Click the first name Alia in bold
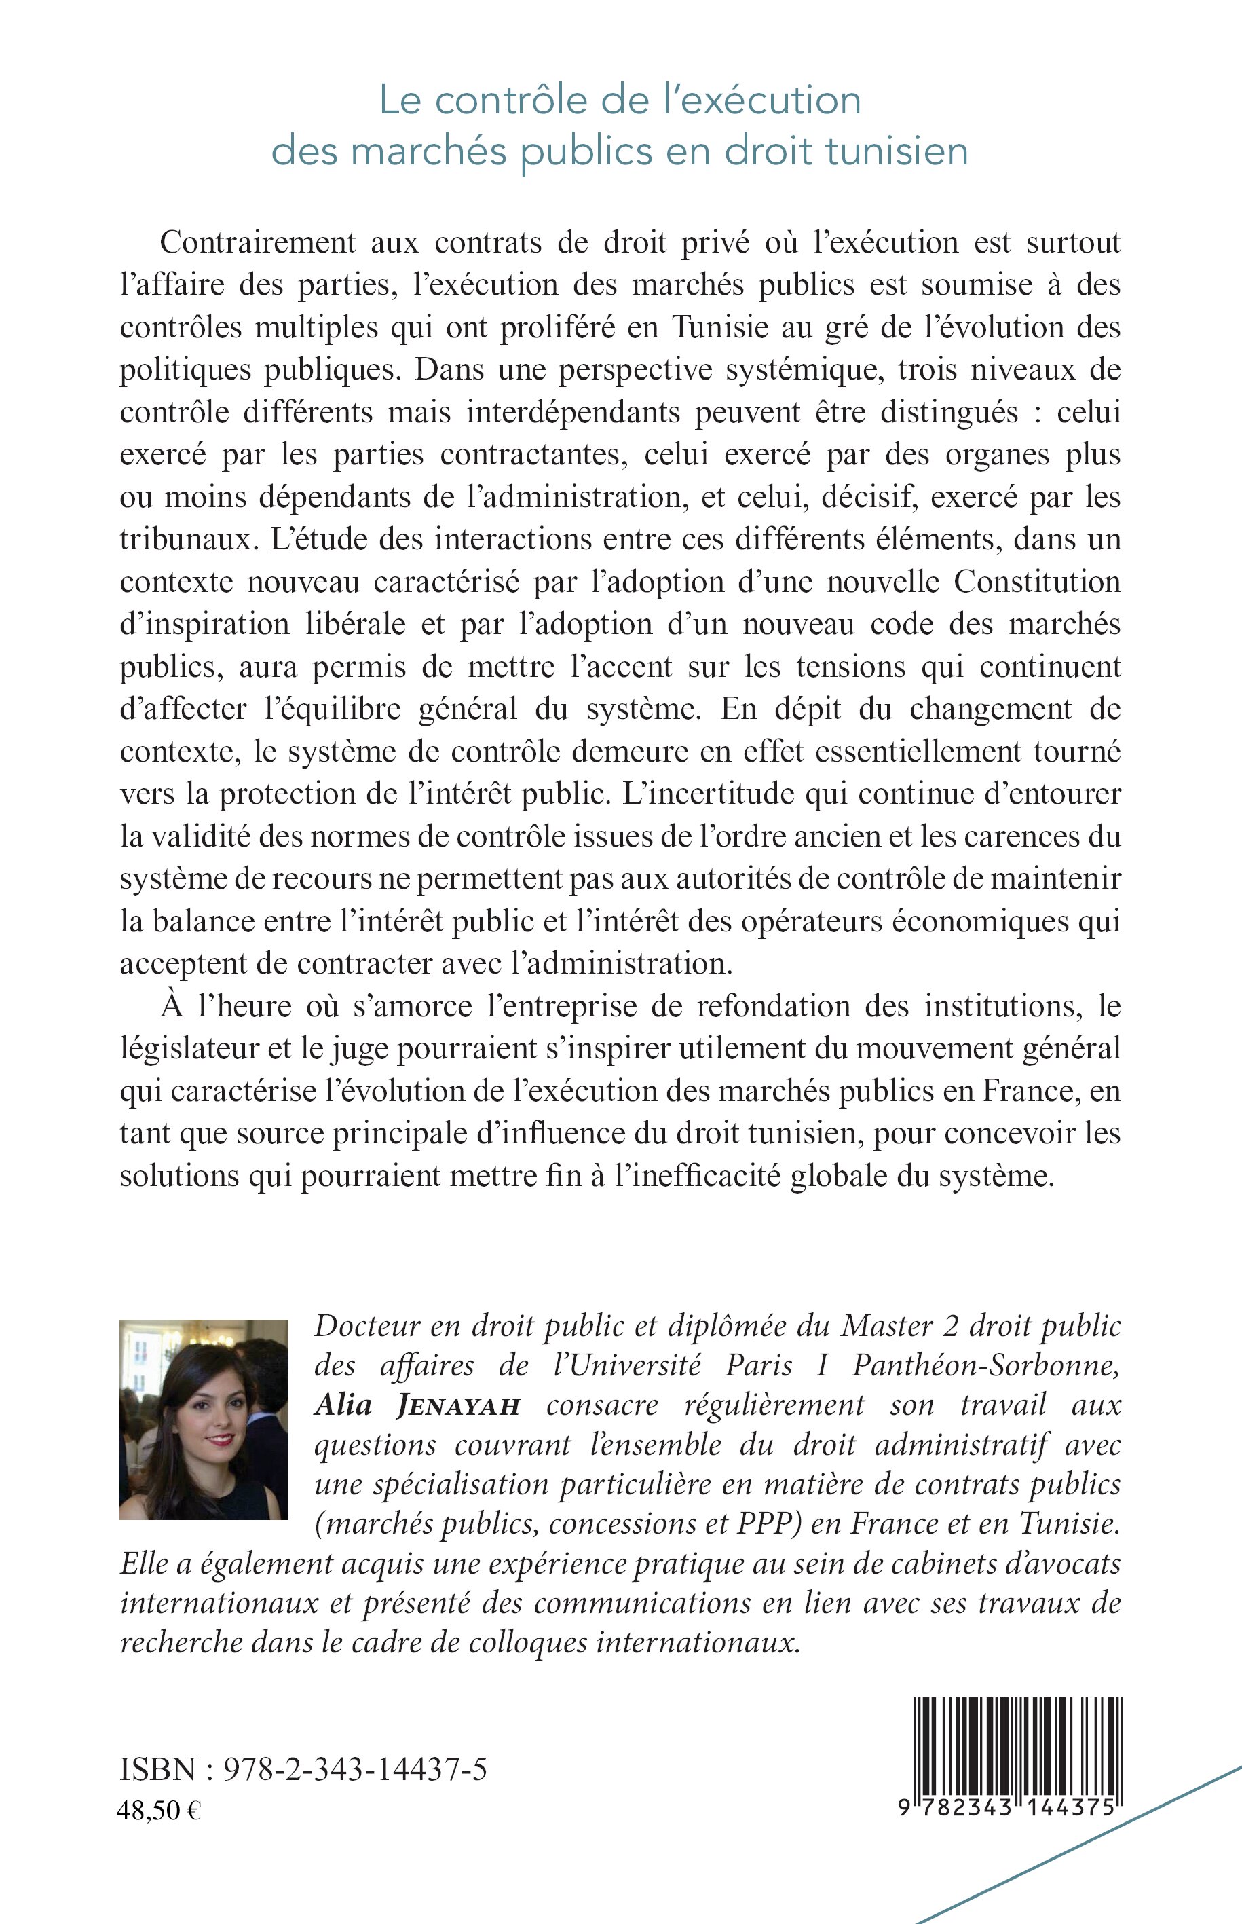point(343,1405)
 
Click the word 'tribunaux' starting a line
point(185,540)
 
